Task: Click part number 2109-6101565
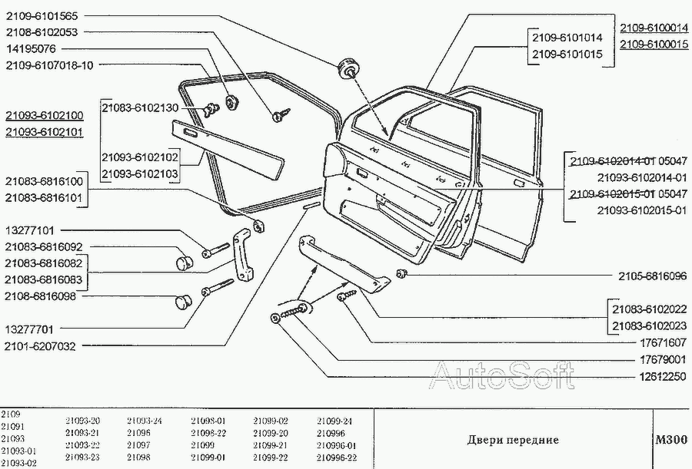tap(44, 16)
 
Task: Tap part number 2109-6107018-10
tap(50, 65)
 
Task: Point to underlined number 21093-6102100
tap(44, 115)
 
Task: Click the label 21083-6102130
tap(140, 108)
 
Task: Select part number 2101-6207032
tap(40, 346)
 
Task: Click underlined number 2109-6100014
tap(654, 28)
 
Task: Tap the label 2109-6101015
tap(568, 54)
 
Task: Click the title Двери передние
tap(513, 441)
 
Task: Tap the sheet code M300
tap(670, 441)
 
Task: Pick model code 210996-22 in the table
tap(336, 457)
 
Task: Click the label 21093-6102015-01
tap(641, 211)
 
